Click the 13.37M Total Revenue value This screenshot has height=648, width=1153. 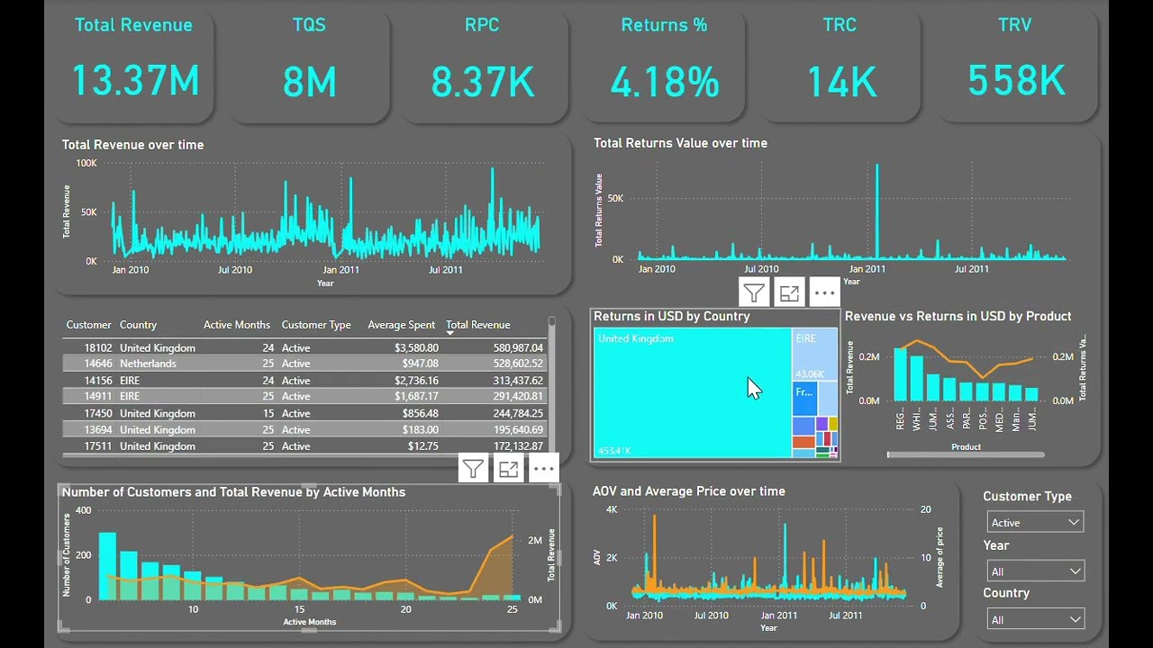(x=135, y=81)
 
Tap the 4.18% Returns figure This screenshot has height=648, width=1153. (x=665, y=83)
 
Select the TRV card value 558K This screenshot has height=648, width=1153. (x=1016, y=81)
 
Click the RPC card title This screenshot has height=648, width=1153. (x=482, y=25)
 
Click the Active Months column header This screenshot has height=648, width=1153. (x=236, y=325)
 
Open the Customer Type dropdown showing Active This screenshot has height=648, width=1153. (x=1035, y=522)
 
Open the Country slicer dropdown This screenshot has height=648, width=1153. (x=1035, y=619)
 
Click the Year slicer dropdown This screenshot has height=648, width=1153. (x=1035, y=571)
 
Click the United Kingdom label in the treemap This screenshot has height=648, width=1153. (x=636, y=338)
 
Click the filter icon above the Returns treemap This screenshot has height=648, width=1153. (x=754, y=292)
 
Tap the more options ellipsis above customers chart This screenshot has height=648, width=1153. (x=543, y=468)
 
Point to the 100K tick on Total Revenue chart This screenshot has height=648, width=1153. (x=86, y=163)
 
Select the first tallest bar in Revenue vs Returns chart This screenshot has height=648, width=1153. (x=900, y=373)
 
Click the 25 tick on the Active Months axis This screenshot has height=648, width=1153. (x=513, y=609)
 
